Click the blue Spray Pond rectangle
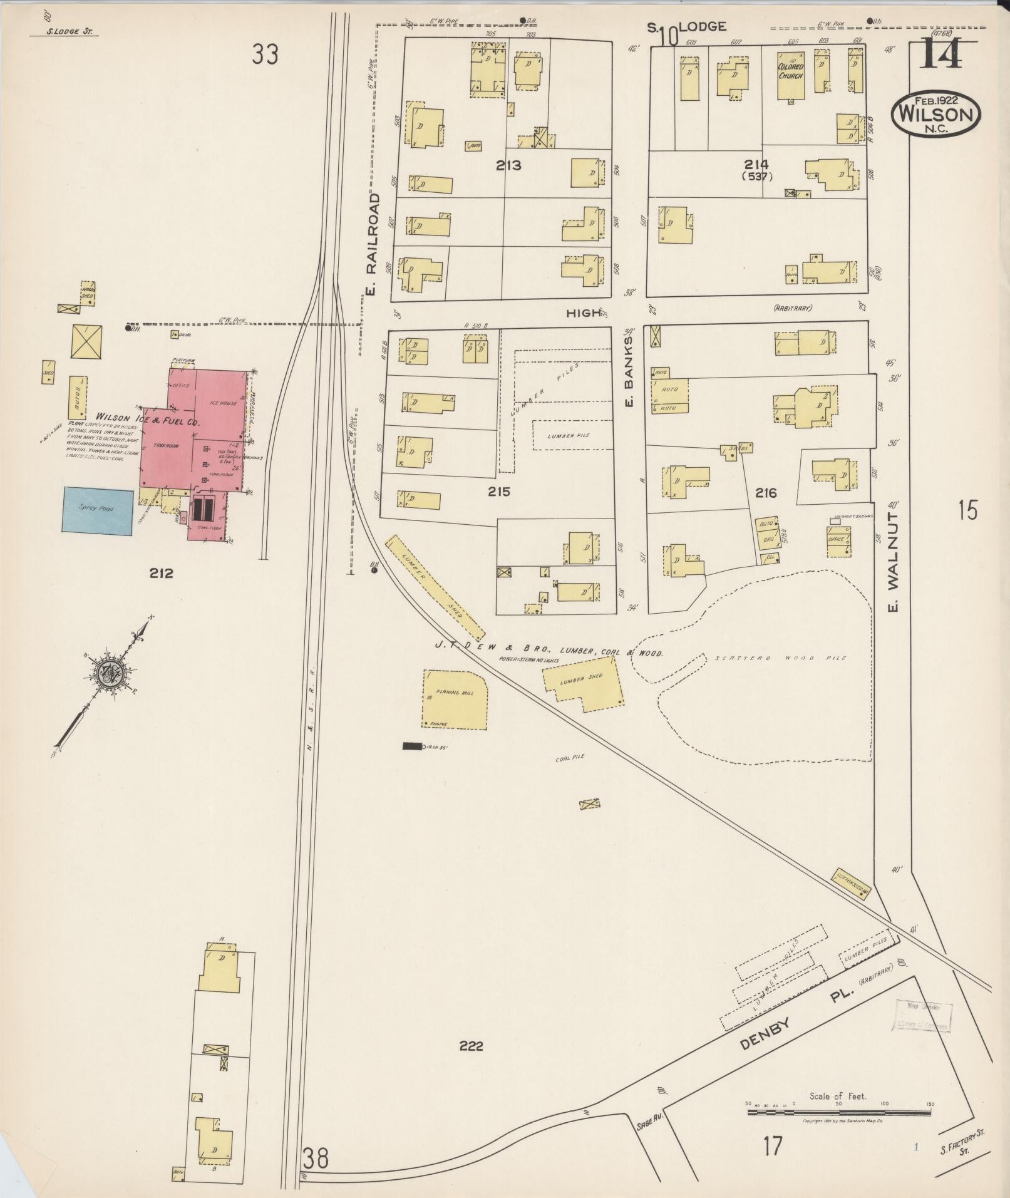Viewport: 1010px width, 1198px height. (x=97, y=510)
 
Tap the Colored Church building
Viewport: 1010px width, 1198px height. (x=790, y=75)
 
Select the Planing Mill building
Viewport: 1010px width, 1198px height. (x=455, y=699)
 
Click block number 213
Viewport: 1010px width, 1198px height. (x=508, y=165)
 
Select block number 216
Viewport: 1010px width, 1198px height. (x=766, y=493)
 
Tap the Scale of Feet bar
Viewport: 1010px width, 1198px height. (x=839, y=1112)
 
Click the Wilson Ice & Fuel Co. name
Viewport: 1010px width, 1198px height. (x=147, y=418)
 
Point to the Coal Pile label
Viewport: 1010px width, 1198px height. (x=570, y=757)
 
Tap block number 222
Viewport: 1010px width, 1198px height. (x=470, y=1046)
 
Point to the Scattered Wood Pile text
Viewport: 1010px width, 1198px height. (x=780, y=658)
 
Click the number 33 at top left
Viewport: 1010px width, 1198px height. (x=265, y=55)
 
